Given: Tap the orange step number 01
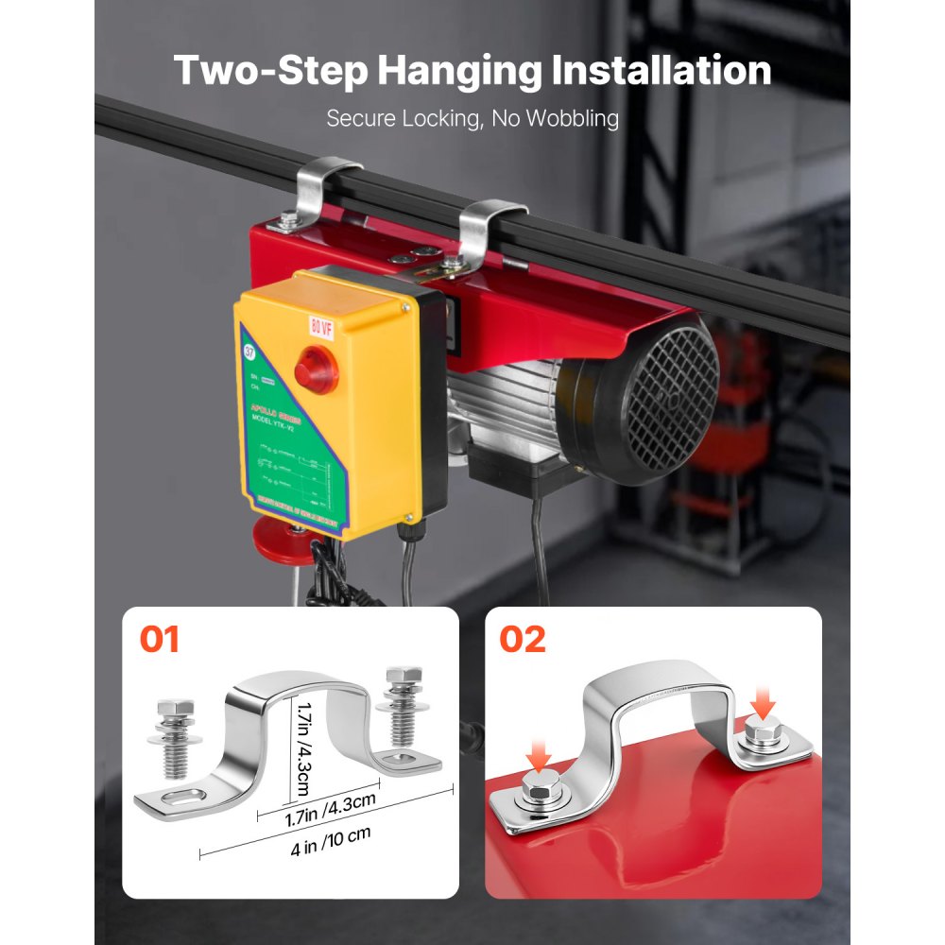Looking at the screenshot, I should (x=159, y=639).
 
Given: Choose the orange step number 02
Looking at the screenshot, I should (x=523, y=639).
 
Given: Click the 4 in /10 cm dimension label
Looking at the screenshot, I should (x=330, y=833).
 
